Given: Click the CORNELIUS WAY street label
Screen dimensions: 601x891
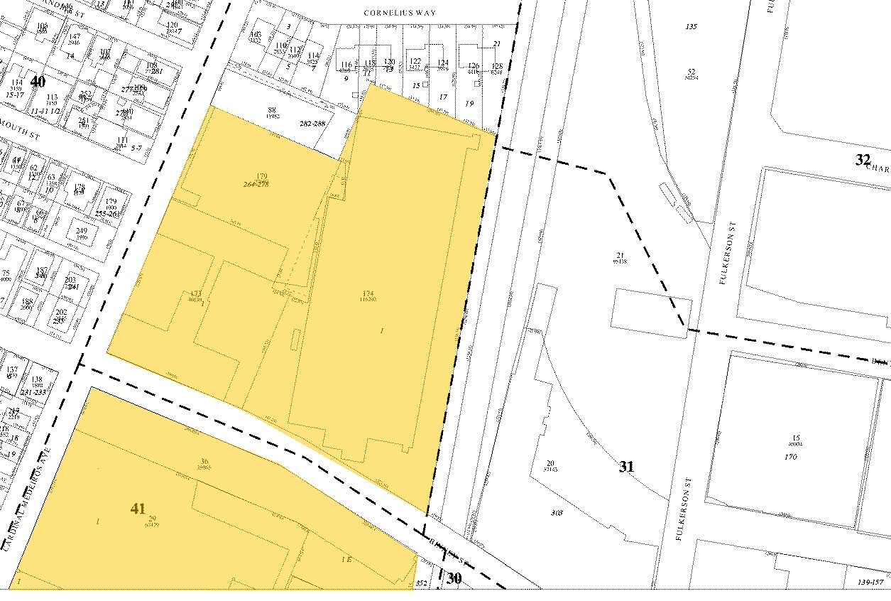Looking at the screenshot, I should (400, 13).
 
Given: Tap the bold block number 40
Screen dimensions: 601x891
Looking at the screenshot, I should (36, 80).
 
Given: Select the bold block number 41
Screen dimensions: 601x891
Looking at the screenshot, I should (138, 509).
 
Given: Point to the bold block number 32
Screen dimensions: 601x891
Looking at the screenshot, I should (863, 160).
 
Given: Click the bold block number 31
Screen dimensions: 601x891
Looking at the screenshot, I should (626, 467).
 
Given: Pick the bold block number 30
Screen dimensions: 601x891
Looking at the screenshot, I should (454, 579).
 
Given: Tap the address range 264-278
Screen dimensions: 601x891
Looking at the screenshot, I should (256, 184).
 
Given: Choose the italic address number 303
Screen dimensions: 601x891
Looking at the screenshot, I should (557, 512).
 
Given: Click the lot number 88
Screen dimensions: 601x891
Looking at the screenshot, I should (271, 109).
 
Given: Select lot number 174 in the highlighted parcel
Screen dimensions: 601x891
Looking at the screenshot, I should (368, 293).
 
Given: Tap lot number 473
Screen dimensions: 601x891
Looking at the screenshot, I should (196, 293).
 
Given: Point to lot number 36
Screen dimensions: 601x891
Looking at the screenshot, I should (204, 461).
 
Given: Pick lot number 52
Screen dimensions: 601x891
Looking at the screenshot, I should (691, 71).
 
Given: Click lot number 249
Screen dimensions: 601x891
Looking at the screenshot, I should (82, 231).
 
